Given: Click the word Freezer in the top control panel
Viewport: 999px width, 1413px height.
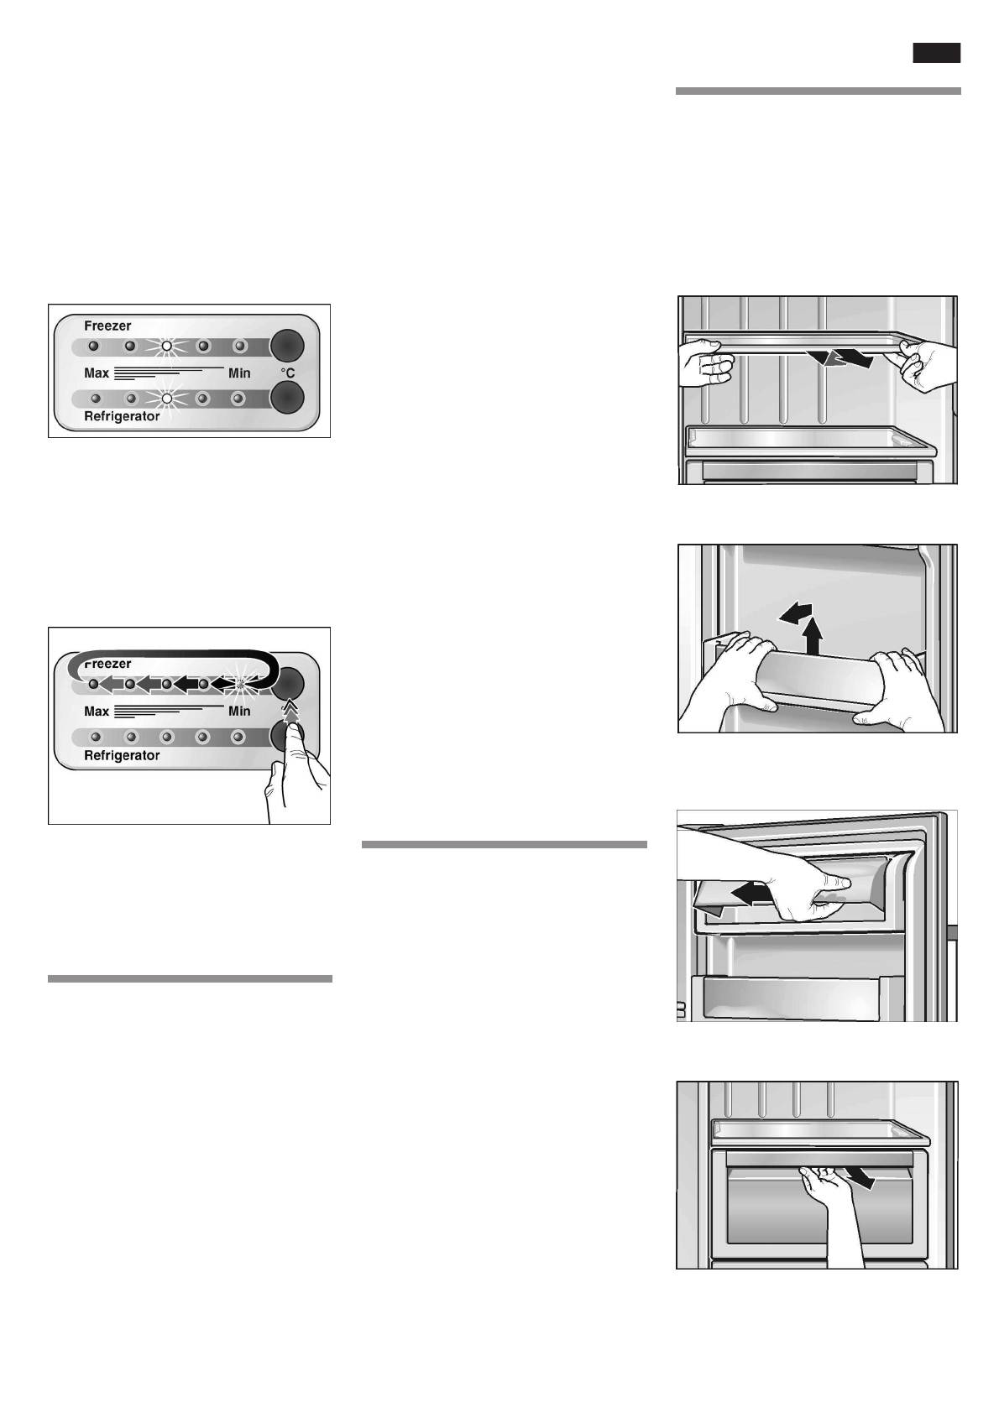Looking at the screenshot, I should point(107,326).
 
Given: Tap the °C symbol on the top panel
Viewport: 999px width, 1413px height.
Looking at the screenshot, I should point(287,373).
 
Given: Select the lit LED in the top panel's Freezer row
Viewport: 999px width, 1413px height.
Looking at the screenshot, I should point(166,346).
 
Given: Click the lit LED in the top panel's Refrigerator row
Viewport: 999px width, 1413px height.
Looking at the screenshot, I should point(166,399).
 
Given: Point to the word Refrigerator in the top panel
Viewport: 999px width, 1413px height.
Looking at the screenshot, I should point(122,416).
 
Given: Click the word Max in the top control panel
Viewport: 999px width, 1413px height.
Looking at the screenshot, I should point(97,373).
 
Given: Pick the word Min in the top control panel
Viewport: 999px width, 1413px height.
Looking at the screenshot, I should point(239,373).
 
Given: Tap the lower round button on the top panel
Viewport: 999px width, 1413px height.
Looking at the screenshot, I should point(287,398).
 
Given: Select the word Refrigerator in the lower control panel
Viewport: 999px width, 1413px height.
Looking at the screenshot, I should point(122,755).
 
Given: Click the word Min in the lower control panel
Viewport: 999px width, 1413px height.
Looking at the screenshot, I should point(239,712).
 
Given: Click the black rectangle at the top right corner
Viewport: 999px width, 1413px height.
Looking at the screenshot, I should point(937,54).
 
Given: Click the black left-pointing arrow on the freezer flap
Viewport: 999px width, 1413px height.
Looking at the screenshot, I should point(752,894).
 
